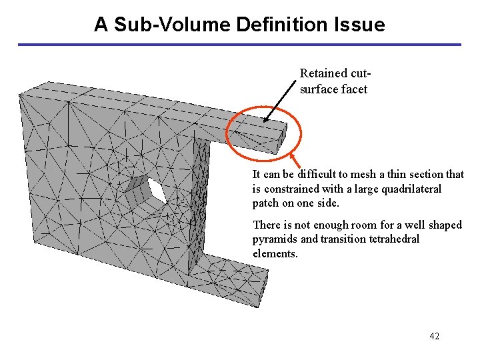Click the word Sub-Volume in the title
tap(167, 25)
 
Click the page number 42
tap(434, 336)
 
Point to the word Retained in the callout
tap(323, 73)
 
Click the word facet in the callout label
tap(354, 89)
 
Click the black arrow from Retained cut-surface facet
tap(281, 101)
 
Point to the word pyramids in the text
tap(275, 239)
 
